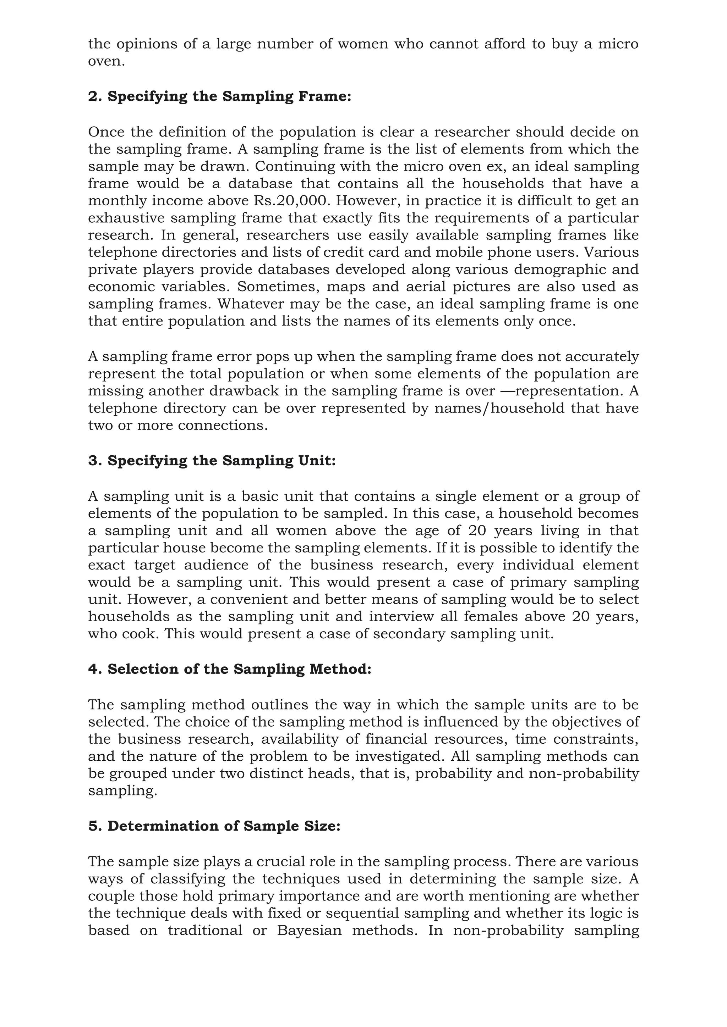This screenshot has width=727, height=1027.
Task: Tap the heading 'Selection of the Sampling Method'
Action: point(230,669)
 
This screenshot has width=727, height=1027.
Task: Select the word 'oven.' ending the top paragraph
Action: point(106,62)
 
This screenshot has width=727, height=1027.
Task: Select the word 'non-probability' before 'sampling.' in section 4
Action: point(584,773)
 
